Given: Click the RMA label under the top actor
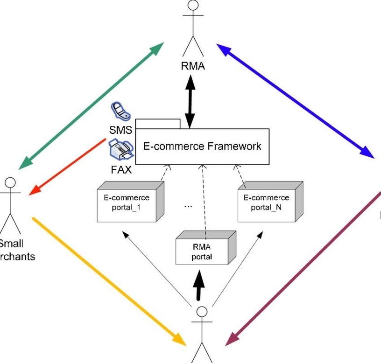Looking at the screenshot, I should pyautogui.click(x=193, y=66).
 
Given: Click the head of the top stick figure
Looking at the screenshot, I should pyautogui.click(x=193, y=6).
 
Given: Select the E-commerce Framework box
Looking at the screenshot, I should pyautogui.click(x=202, y=146).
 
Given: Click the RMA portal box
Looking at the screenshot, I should pyautogui.click(x=202, y=252).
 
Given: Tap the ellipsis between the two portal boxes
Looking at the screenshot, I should pyautogui.click(x=188, y=206).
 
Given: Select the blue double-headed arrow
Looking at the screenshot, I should pyautogui.click(x=295, y=100).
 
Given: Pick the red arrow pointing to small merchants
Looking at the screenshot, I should pyautogui.click(x=67, y=167).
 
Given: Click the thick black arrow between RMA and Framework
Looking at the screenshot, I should pyautogui.click(x=190, y=101).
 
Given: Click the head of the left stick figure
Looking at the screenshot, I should pyautogui.click(x=10, y=182).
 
